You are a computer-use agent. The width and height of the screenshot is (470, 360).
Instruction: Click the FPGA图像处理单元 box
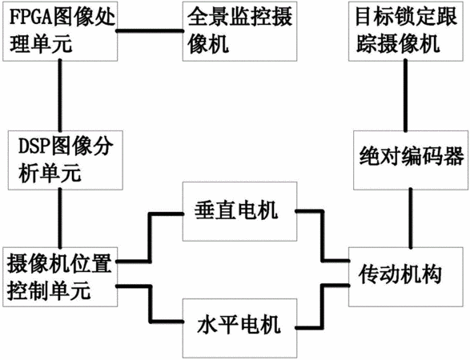pyautogui.click(x=60, y=31)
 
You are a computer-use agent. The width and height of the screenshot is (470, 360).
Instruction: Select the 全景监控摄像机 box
pyautogui.click(x=239, y=31)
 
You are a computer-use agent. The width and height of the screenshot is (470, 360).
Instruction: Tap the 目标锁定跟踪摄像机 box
pyautogui.click(x=406, y=31)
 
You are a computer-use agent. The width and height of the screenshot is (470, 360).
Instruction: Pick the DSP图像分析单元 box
pyautogui.click(x=66, y=160)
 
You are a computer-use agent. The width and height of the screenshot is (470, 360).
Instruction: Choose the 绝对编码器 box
pyautogui.click(x=411, y=160)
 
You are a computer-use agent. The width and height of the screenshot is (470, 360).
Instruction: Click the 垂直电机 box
pyautogui.click(x=239, y=211)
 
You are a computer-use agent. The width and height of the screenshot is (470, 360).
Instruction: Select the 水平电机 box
pyautogui.click(x=239, y=328)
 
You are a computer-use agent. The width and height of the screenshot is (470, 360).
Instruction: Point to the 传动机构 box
pyautogui.click(x=406, y=277)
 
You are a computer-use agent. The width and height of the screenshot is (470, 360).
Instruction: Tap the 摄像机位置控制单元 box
pyautogui.click(x=60, y=277)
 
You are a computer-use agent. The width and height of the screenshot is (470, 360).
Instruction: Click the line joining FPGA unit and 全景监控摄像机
pyautogui.click(x=150, y=30)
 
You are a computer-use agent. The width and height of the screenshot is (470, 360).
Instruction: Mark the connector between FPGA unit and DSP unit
pyautogui.click(x=60, y=96)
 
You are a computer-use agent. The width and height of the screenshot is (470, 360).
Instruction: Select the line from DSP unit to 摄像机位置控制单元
pyautogui.click(x=60, y=218)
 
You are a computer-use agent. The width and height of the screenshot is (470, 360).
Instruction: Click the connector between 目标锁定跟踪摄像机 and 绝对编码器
pyautogui.click(x=406, y=96)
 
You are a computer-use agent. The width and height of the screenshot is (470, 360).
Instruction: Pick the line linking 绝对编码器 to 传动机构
pyautogui.click(x=411, y=218)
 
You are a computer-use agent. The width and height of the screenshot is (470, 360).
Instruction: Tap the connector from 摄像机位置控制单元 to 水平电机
pyautogui.click(x=150, y=302)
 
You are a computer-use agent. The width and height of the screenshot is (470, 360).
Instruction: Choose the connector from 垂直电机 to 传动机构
pyautogui.click(x=323, y=237)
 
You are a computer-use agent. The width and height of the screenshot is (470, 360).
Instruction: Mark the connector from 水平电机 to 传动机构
pyautogui.click(x=323, y=306)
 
